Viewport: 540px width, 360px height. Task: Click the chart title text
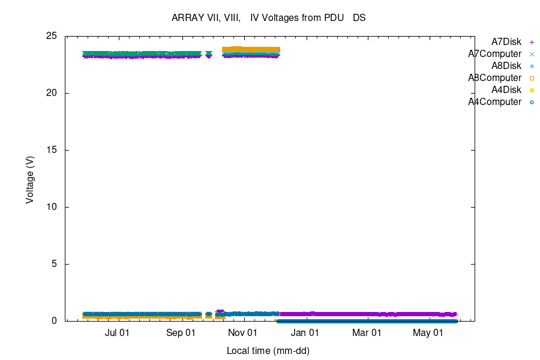click(x=269, y=18)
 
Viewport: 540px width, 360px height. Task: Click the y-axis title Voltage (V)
click(x=29, y=178)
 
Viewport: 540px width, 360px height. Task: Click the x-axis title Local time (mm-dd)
click(x=268, y=350)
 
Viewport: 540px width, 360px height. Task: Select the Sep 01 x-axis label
click(x=181, y=332)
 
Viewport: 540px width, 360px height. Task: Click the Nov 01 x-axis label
click(x=244, y=332)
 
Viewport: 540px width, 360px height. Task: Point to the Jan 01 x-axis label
click(x=306, y=332)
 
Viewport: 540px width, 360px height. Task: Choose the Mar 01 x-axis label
click(x=367, y=332)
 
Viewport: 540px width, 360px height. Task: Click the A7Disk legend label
click(x=506, y=42)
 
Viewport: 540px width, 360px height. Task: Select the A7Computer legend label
click(x=495, y=54)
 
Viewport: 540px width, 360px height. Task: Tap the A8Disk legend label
click(x=506, y=66)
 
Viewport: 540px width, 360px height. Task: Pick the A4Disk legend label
click(x=506, y=90)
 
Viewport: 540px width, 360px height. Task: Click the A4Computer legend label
click(x=495, y=102)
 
